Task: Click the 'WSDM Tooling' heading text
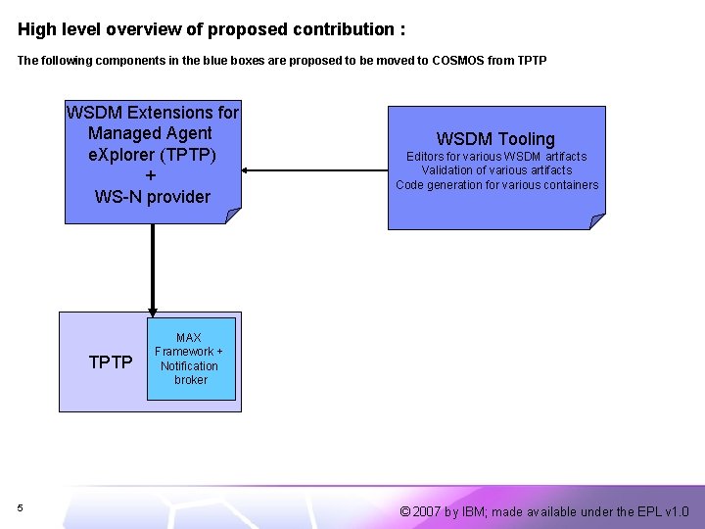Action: pyautogui.click(x=495, y=139)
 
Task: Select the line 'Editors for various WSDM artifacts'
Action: pyautogui.click(x=496, y=157)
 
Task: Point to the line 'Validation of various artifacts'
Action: pyautogui.click(x=496, y=170)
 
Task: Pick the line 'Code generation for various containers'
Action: pyautogui.click(x=496, y=185)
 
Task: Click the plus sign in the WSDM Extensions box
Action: pyautogui.click(x=150, y=175)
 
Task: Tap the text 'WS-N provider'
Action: pyautogui.click(x=152, y=197)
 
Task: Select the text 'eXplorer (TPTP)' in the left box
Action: pyautogui.click(x=152, y=155)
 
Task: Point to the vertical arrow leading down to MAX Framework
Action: pyautogui.click(x=153, y=264)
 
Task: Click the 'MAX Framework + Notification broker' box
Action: pyautogui.click(x=191, y=359)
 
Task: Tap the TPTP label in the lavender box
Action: pyautogui.click(x=111, y=362)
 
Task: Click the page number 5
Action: pyautogui.click(x=20, y=507)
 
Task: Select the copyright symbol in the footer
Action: pyautogui.click(x=405, y=511)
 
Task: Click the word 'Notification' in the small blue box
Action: pyautogui.click(x=190, y=365)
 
